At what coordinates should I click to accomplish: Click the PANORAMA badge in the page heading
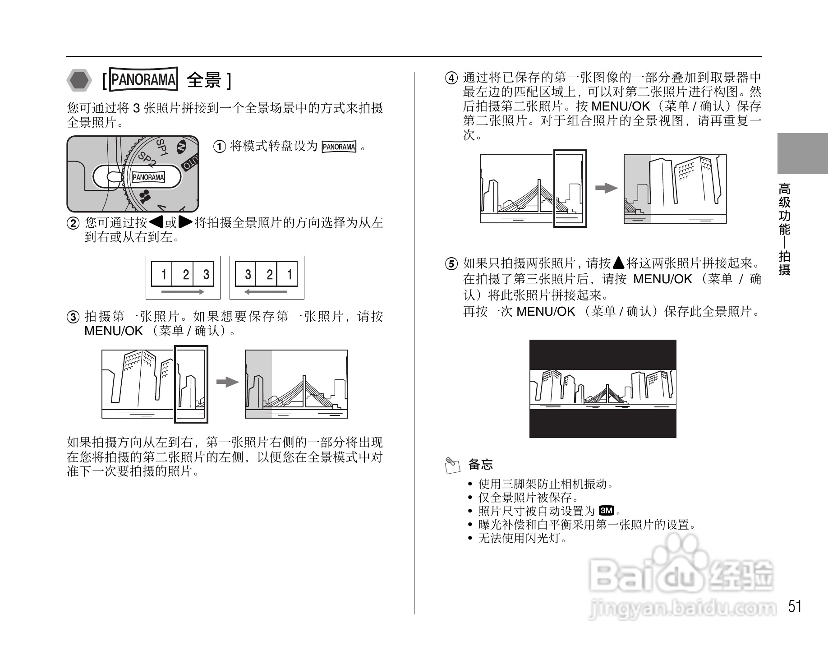tap(143, 80)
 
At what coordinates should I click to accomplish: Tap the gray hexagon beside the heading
tap(79, 81)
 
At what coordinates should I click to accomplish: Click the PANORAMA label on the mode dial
tap(148, 177)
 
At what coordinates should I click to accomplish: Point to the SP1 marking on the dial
tap(162, 147)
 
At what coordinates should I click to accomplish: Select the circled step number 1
tap(219, 147)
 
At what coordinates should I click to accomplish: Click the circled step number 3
tap(73, 317)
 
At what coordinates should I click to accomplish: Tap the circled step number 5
tap(451, 264)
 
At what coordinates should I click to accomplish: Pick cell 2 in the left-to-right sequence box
tap(185, 274)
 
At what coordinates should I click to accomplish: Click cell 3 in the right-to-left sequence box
tap(247, 274)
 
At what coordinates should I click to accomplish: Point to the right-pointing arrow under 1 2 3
tap(182, 292)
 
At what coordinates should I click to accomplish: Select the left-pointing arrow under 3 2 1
tap(266, 292)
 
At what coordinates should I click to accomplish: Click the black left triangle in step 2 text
tap(156, 222)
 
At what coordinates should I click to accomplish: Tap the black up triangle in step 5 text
tap(618, 263)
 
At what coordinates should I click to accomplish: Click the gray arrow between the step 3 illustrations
tap(227, 382)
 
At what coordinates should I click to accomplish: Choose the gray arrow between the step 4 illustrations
tap(606, 188)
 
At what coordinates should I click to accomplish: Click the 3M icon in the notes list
tap(606, 511)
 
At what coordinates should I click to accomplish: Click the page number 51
tap(795, 606)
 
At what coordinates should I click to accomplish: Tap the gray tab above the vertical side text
tap(802, 153)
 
